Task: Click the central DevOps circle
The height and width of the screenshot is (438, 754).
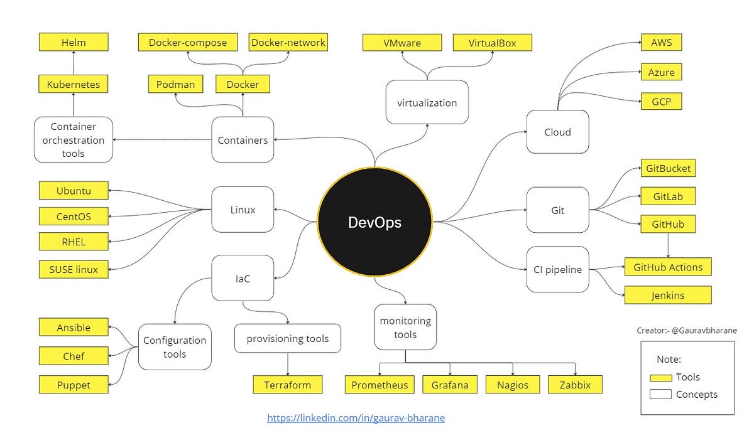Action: [x=374, y=222]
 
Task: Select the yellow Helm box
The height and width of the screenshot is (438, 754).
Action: [x=74, y=43]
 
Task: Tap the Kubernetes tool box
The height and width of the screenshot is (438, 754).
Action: [x=74, y=84]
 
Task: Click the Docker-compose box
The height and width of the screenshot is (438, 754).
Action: [x=187, y=43]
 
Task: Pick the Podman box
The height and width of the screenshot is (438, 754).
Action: [x=175, y=84]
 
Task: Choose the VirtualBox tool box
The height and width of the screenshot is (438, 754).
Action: [x=492, y=43]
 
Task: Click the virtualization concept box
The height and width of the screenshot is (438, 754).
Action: [x=427, y=102]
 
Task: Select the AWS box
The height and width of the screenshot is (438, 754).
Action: [x=661, y=43]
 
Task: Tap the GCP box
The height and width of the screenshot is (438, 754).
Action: [x=661, y=101]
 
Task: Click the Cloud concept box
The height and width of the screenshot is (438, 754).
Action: [x=557, y=132]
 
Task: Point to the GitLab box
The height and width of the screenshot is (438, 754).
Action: [x=668, y=196]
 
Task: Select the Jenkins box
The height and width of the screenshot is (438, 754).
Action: [x=668, y=295]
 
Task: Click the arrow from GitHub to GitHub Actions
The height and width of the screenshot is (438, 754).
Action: [x=668, y=245]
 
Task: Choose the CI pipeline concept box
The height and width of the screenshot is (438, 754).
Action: [x=557, y=270]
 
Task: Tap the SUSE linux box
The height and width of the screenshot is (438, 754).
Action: [x=74, y=269]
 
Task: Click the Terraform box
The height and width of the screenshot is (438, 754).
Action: [x=288, y=385]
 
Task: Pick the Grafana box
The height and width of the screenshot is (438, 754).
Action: [x=449, y=385]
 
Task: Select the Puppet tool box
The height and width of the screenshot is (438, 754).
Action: [x=74, y=385]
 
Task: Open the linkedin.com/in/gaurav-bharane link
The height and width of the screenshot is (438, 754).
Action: [x=356, y=418]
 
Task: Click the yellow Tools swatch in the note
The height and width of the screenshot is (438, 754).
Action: [x=660, y=377]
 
